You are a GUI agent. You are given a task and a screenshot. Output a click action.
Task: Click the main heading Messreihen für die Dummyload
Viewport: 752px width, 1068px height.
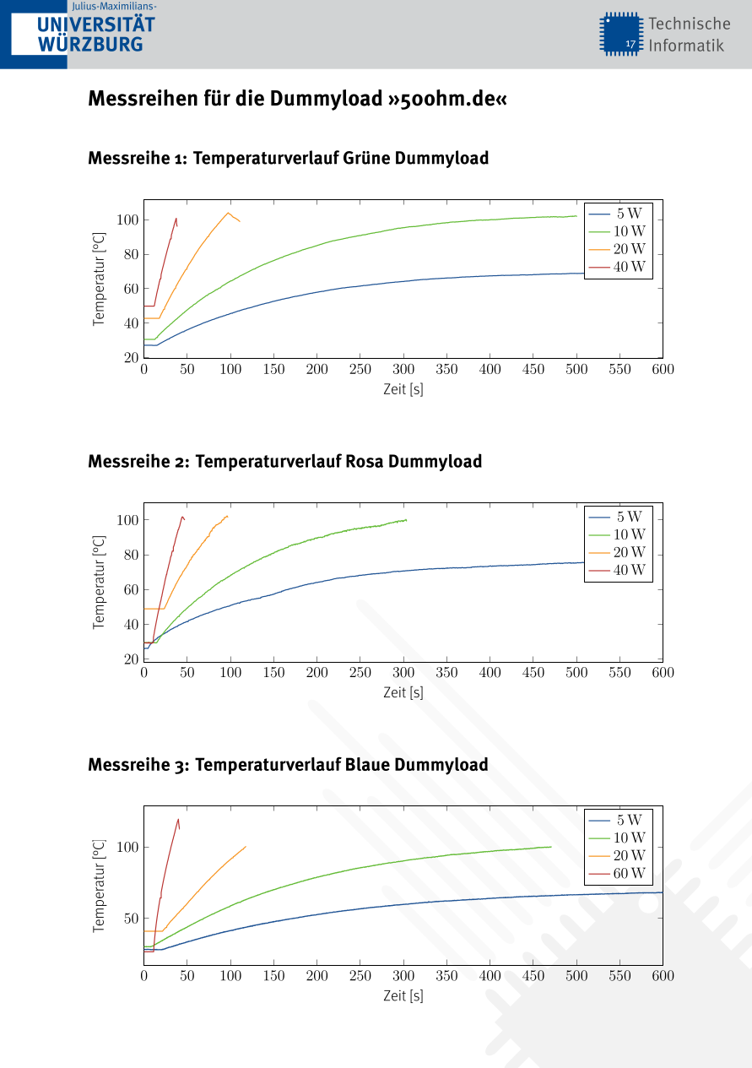pyautogui.click(x=297, y=99)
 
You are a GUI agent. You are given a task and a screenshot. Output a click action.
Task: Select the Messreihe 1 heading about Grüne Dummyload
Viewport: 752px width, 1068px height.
pyautogui.click(x=288, y=158)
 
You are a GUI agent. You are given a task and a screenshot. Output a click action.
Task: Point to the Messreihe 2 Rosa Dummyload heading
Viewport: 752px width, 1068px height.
pyautogui.click(x=284, y=461)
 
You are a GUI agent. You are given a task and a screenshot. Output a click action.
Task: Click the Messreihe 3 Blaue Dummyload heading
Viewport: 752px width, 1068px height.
pyautogui.click(x=288, y=764)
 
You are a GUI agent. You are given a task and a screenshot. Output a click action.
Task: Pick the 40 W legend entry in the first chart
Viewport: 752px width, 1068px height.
pyautogui.click(x=619, y=267)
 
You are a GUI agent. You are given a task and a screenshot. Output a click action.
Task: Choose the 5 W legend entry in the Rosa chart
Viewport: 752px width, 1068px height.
pyautogui.click(x=619, y=517)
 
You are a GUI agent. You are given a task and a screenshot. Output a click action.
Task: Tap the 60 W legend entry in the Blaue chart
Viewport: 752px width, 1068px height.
pyautogui.click(x=619, y=873)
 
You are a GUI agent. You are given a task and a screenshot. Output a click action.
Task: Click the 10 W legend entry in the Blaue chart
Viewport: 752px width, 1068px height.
pyautogui.click(x=619, y=838)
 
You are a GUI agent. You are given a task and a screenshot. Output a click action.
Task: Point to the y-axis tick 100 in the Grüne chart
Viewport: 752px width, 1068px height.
pyautogui.click(x=127, y=220)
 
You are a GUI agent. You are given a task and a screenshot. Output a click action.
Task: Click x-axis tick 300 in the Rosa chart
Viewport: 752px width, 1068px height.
pyautogui.click(x=403, y=672)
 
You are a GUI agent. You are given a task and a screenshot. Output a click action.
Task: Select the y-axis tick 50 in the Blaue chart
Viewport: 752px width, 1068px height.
pyautogui.click(x=131, y=918)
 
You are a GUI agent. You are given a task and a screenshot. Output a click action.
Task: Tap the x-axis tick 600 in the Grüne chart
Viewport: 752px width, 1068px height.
pyautogui.click(x=663, y=369)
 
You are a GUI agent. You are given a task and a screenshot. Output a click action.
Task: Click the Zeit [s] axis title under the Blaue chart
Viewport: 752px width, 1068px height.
pyautogui.click(x=403, y=995)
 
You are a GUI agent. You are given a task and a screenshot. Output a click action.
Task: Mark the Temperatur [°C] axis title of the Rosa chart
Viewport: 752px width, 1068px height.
pyautogui.click(x=99, y=582)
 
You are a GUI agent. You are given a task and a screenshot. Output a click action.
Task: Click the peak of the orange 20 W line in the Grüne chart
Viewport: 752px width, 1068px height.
pyautogui.click(x=228, y=213)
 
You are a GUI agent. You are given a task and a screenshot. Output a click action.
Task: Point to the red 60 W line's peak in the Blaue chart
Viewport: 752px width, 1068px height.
pyautogui.click(x=178, y=819)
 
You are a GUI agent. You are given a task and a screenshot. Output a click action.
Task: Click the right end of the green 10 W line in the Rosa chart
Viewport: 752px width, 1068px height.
pyautogui.click(x=406, y=520)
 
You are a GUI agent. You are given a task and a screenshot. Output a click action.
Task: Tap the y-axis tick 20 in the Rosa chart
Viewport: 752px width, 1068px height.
pyautogui.click(x=131, y=659)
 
